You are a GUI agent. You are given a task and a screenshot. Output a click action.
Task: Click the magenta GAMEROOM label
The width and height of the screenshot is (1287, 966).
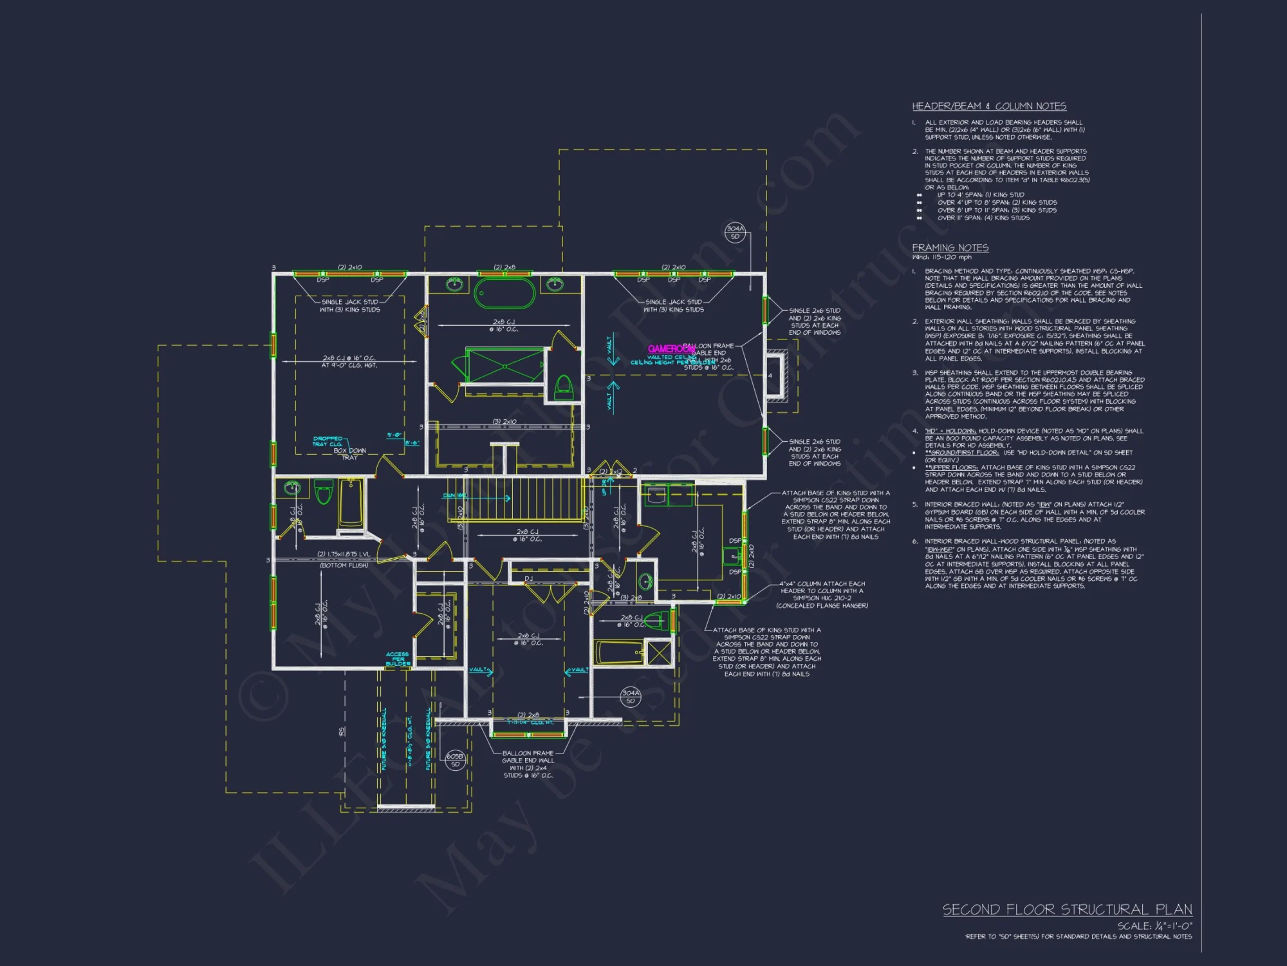670,349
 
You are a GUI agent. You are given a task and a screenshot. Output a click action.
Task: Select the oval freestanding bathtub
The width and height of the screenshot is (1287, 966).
505,294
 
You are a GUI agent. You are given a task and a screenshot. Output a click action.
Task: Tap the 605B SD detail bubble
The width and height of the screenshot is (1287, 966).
455,760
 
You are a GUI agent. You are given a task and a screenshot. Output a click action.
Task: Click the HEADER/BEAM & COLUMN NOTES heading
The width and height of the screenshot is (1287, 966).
988,106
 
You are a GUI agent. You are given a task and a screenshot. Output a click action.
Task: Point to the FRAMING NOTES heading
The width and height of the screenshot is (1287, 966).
950,248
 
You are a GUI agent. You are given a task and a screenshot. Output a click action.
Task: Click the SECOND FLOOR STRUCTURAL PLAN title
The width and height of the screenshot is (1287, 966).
1067,909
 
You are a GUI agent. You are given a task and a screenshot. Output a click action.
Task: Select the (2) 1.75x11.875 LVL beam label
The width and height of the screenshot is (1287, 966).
344,554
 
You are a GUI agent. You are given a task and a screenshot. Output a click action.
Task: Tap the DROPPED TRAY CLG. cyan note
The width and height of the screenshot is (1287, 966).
328,441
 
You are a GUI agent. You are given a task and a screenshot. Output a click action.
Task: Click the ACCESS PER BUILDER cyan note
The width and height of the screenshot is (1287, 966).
398,659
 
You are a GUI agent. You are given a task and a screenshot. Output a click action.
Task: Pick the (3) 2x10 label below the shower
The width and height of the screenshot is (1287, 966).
505,421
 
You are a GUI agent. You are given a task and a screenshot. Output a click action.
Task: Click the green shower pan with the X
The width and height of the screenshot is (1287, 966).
505,365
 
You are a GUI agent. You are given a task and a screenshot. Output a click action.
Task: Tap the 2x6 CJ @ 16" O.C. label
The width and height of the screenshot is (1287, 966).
528,639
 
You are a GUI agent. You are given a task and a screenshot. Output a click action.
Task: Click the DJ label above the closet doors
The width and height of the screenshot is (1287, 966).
528,578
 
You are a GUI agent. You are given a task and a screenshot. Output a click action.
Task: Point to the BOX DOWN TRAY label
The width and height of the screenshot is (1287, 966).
349,453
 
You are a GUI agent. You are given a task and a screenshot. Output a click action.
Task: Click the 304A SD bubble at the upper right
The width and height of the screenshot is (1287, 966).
735,232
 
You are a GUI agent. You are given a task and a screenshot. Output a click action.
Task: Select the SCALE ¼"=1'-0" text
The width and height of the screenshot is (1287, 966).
1154,926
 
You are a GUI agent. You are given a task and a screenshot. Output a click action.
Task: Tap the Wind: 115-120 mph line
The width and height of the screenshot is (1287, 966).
941,257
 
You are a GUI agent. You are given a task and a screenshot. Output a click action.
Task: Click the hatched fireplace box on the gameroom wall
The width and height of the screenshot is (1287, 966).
776,375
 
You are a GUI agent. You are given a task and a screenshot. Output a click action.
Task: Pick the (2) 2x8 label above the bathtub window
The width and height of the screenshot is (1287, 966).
505,267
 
